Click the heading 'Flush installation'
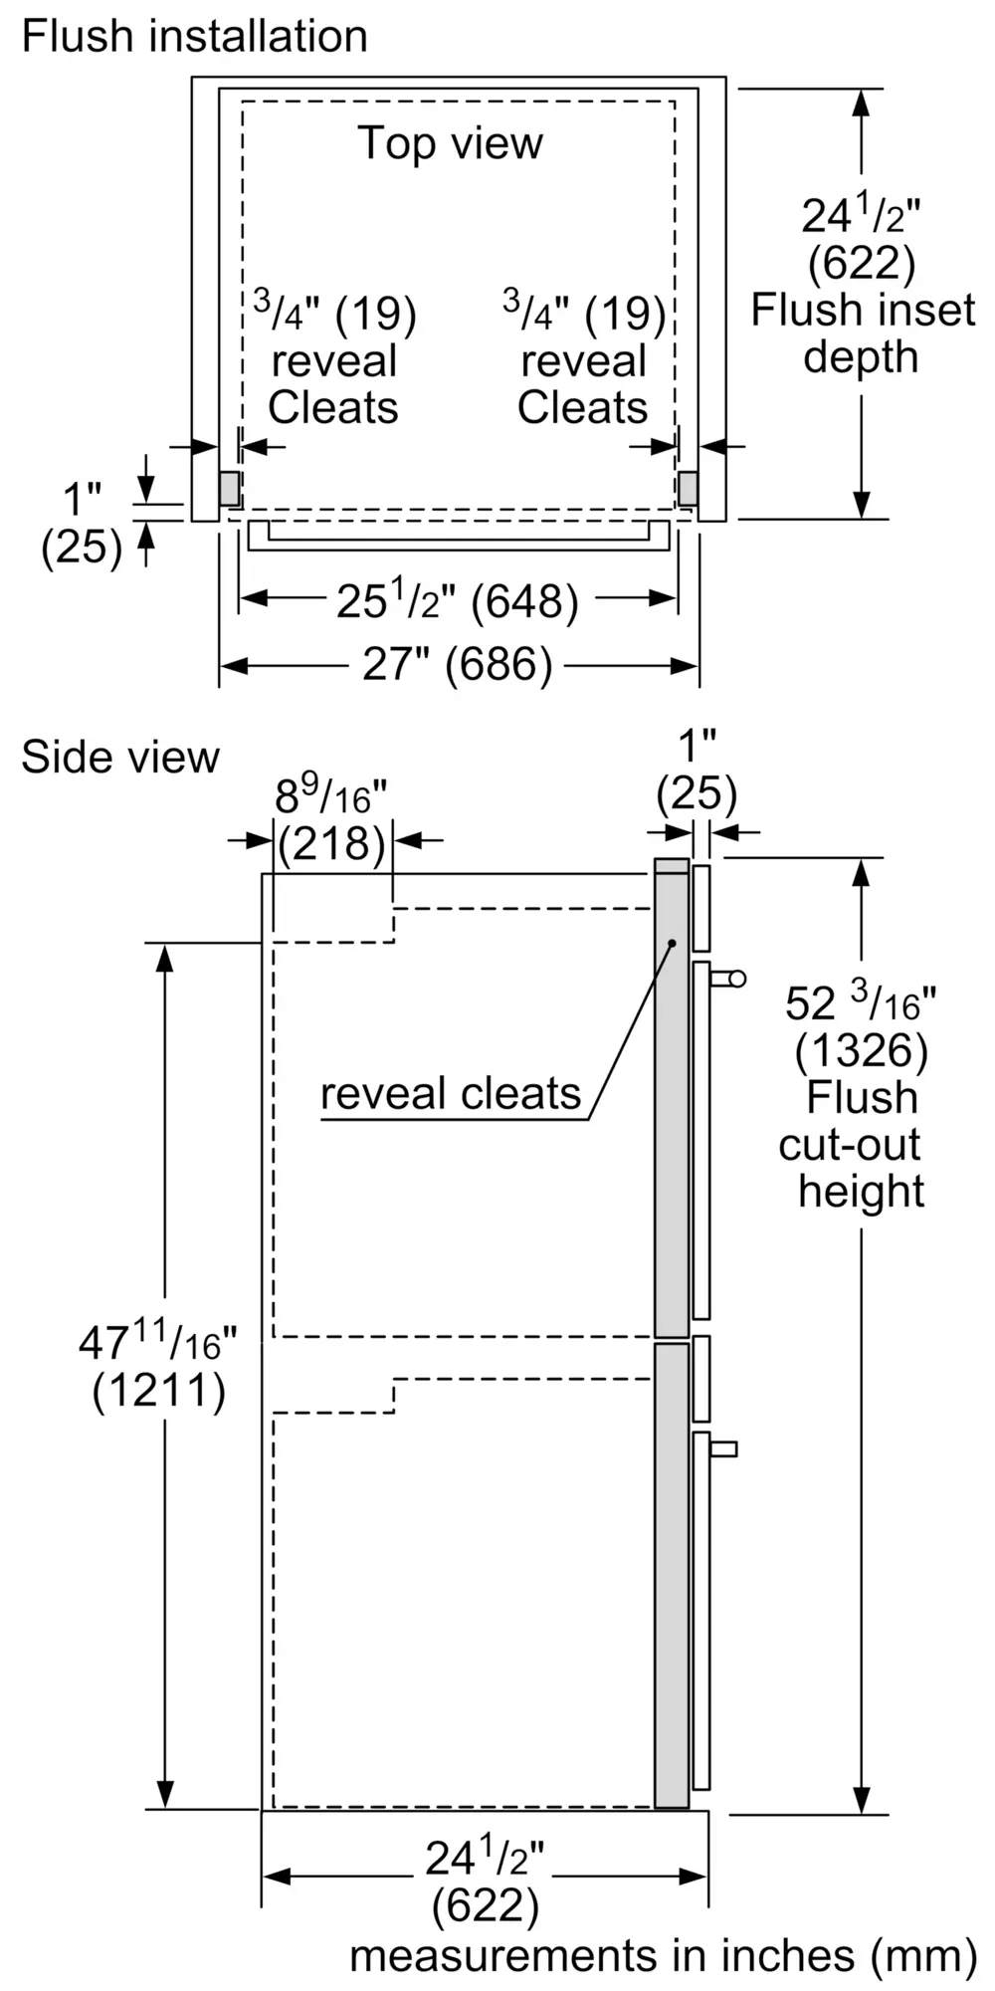(x=194, y=37)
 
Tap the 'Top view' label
(x=450, y=142)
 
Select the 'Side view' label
(x=119, y=757)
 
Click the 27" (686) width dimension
(x=457, y=664)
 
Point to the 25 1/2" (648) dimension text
(x=457, y=600)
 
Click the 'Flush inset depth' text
(x=862, y=332)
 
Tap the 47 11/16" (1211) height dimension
(x=159, y=1366)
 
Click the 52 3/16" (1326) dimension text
(x=861, y=1025)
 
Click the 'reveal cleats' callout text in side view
(x=450, y=1094)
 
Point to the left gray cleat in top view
(x=230, y=488)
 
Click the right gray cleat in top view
(x=688, y=488)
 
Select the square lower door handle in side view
(x=725, y=1448)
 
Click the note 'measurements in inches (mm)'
(x=663, y=1954)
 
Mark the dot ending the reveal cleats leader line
(x=672, y=942)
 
